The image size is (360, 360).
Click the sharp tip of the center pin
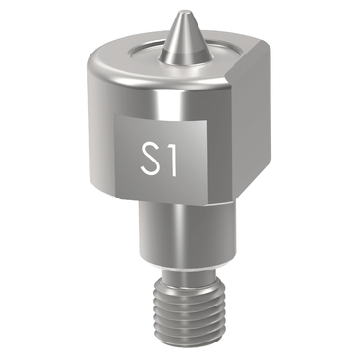coord(180,12)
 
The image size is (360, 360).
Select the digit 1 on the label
coord(171,159)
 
